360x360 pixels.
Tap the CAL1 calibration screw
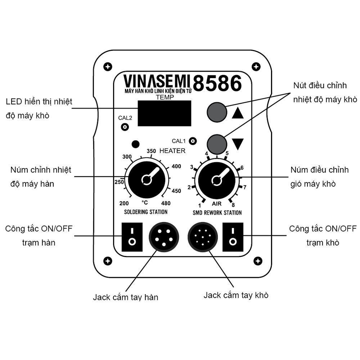click(193, 141)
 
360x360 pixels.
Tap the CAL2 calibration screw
click(125, 127)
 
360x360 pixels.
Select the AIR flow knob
click(216, 179)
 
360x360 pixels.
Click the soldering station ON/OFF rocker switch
click(132, 237)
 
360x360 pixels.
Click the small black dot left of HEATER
click(136, 144)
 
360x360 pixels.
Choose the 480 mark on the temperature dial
click(166, 203)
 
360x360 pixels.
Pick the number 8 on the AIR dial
click(233, 205)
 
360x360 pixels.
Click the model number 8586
click(217, 83)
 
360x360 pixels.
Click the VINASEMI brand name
click(157, 81)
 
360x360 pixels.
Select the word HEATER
click(172, 151)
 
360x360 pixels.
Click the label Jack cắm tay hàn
click(126, 297)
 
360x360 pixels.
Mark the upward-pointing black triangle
click(238, 113)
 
